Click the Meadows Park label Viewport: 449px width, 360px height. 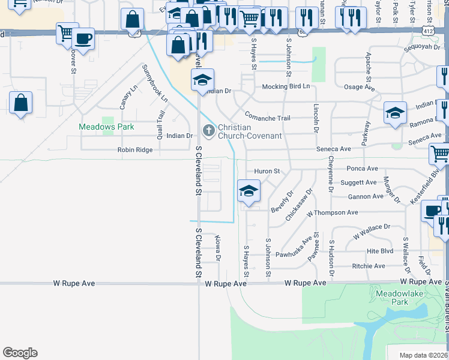pos(107,127)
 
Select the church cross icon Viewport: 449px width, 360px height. pos(208,130)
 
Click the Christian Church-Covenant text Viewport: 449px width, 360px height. pos(250,131)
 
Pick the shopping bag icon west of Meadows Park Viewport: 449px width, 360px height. pos(21,103)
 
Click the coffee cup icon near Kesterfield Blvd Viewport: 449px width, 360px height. pos(432,211)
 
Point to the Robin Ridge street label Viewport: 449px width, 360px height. pos(135,150)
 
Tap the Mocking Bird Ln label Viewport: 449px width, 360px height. pos(286,86)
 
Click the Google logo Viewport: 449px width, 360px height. pos(20,353)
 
